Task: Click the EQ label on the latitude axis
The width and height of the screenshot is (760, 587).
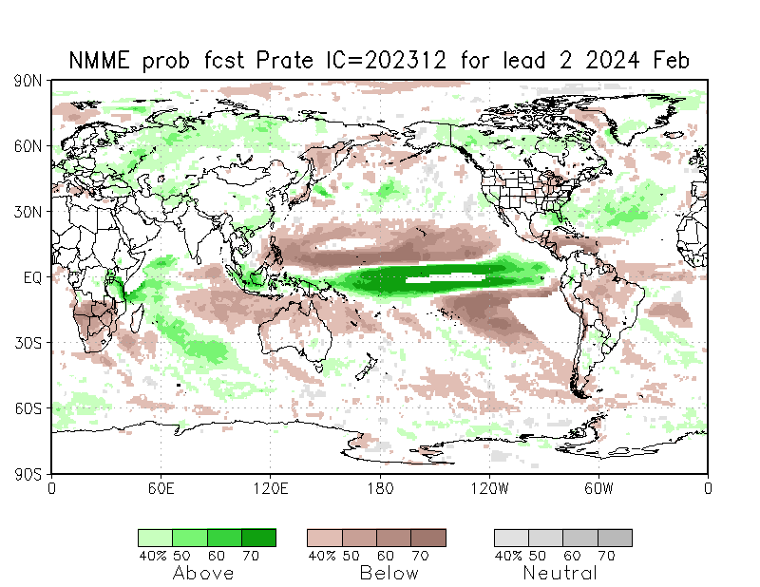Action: [32, 277]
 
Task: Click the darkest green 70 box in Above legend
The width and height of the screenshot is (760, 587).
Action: [258, 538]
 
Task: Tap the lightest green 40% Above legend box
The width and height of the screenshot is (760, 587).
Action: [155, 538]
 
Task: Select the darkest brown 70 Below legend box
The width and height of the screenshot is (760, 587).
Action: [428, 538]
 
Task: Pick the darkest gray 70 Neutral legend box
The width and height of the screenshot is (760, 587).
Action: [615, 538]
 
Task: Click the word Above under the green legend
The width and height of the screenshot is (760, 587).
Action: [203, 573]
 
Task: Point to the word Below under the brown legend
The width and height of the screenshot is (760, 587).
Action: [389, 573]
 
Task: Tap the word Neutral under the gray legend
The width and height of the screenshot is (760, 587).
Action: [560, 573]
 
